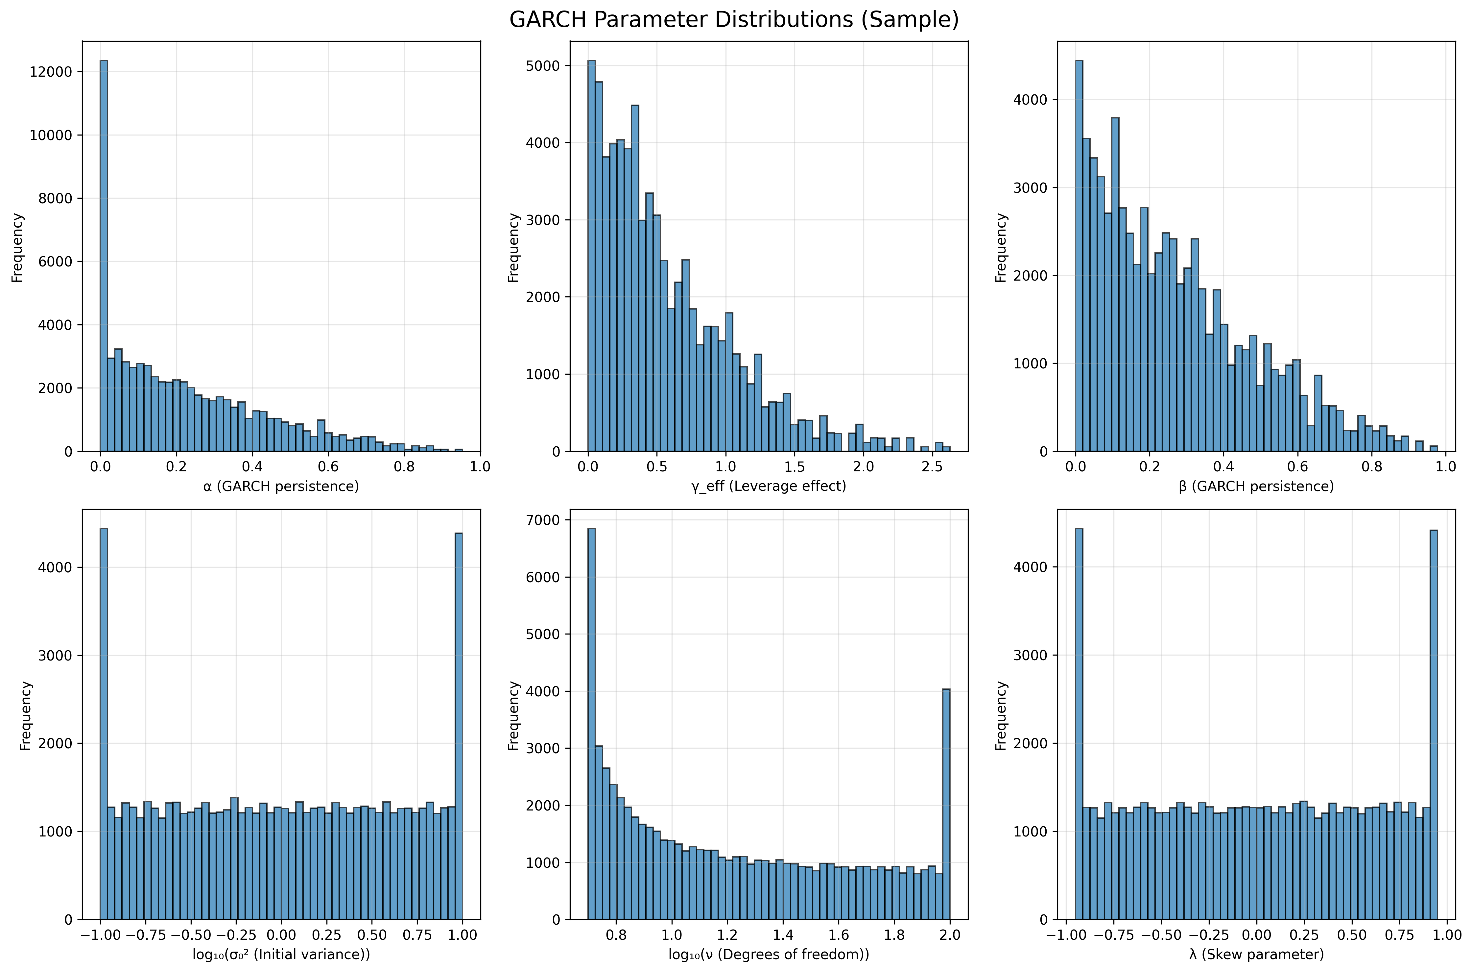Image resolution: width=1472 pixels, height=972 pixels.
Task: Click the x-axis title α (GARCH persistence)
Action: [281, 486]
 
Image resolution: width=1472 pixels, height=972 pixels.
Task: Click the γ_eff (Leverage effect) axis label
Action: [768, 486]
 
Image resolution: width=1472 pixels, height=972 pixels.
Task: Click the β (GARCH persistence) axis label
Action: [1256, 486]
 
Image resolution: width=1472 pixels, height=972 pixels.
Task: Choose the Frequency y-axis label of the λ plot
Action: [1001, 715]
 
